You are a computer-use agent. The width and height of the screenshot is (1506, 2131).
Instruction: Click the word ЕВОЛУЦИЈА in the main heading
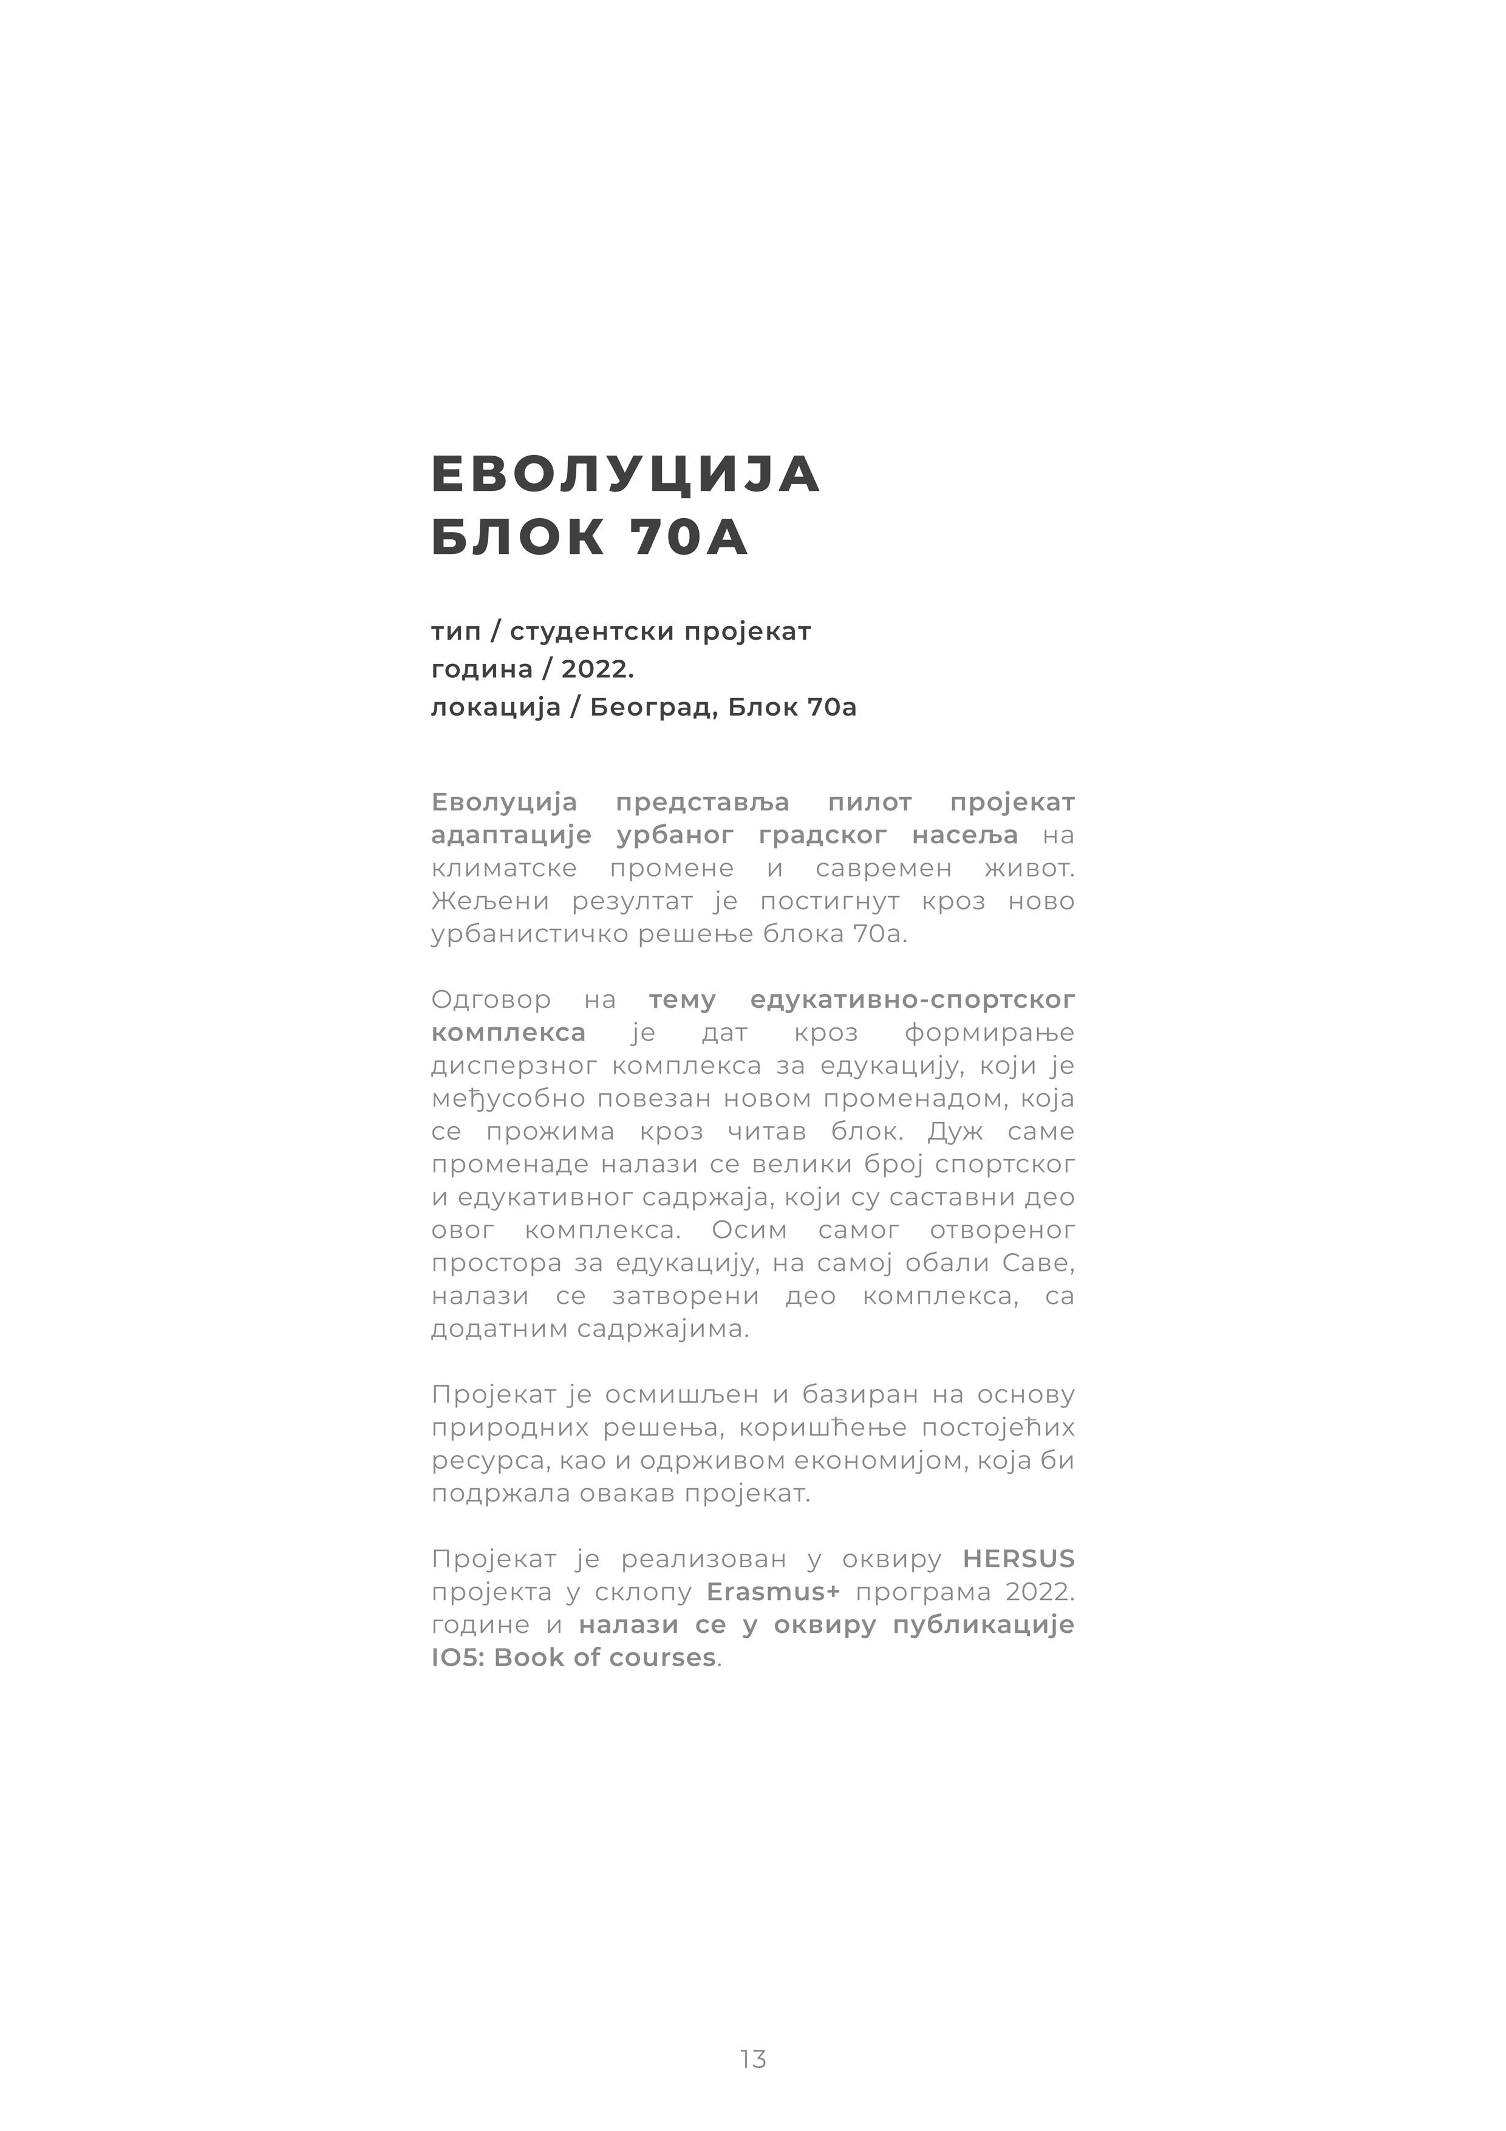[x=625, y=474]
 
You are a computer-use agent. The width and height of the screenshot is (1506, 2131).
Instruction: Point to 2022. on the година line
[x=598, y=669]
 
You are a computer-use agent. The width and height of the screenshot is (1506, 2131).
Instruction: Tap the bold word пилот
[x=870, y=802]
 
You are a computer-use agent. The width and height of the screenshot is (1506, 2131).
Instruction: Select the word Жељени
[x=490, y=901]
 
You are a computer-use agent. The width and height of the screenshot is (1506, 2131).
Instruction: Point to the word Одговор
[x=491, y=1001]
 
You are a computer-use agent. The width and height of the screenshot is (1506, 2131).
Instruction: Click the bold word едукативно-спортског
[x=912, y=1001]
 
